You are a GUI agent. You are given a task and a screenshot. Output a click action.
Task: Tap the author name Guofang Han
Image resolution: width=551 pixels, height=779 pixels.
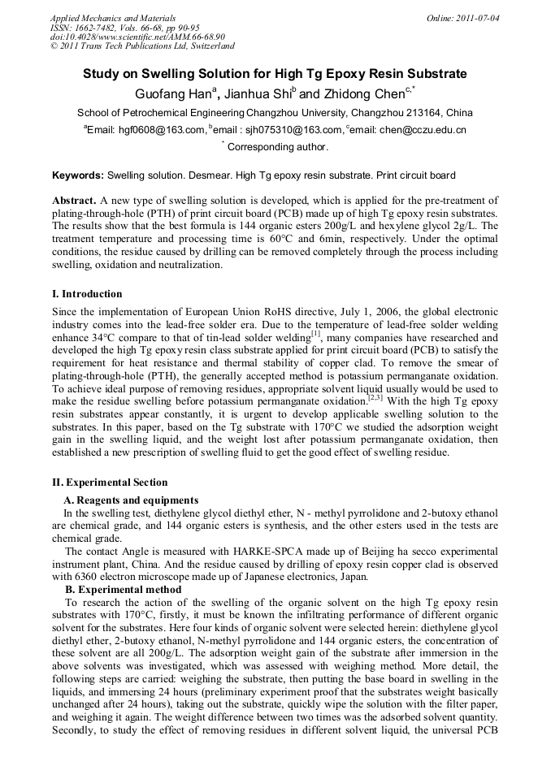point(171,93)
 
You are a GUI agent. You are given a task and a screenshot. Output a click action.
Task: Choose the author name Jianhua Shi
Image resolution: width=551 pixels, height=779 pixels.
point(256,93)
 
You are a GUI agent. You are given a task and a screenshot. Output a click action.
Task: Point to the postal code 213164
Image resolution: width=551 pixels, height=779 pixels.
point(421,112)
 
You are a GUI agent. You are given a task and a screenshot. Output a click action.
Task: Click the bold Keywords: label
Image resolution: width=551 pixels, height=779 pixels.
point(78,175)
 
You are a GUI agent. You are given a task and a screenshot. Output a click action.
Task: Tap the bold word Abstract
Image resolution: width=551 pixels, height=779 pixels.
point(74,200)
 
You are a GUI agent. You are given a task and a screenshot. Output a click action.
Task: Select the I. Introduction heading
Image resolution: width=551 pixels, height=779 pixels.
point(87,294)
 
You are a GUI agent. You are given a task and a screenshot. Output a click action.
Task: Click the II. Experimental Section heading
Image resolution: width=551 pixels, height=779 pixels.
point(110,483)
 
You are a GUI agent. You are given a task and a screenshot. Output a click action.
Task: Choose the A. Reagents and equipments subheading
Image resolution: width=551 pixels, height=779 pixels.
point(131,500)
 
